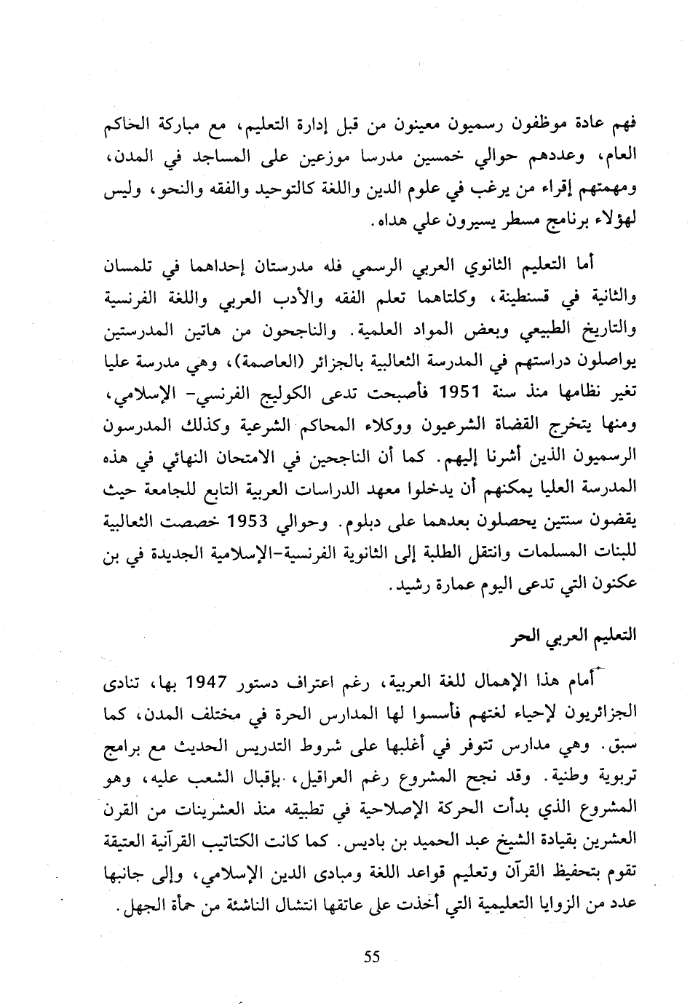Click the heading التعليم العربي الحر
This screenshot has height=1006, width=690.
tap(572, 635)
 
